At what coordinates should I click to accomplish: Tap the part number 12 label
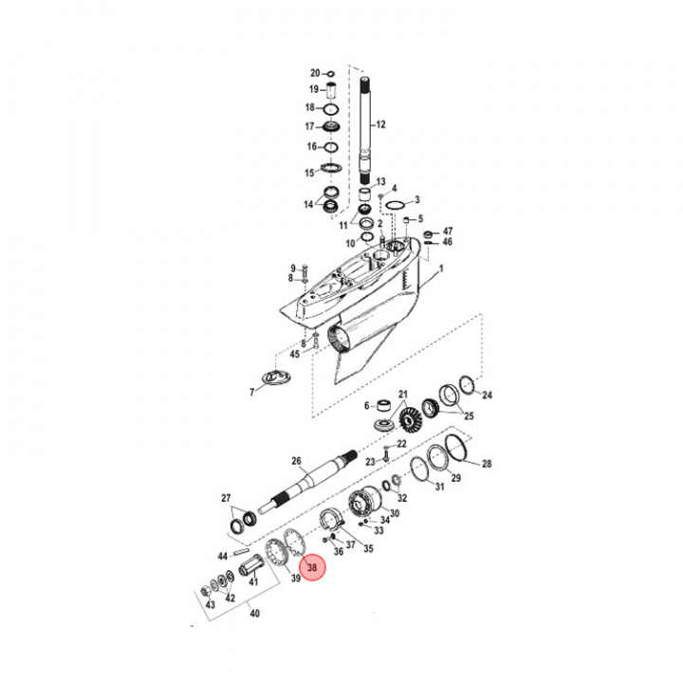point(381,125)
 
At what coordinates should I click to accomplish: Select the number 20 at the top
point(316,73)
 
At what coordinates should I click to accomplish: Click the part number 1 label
point(440,269)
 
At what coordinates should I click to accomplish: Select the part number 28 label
point(487,464)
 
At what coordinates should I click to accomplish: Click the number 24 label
point(488,396)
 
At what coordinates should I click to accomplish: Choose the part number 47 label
point(448,231)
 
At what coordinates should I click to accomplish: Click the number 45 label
point(295,355)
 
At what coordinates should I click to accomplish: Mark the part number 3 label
point(416,200)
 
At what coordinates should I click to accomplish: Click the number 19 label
point(314,89)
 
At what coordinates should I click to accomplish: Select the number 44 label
point(223,556)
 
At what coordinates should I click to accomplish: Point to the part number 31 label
point(439,488)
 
